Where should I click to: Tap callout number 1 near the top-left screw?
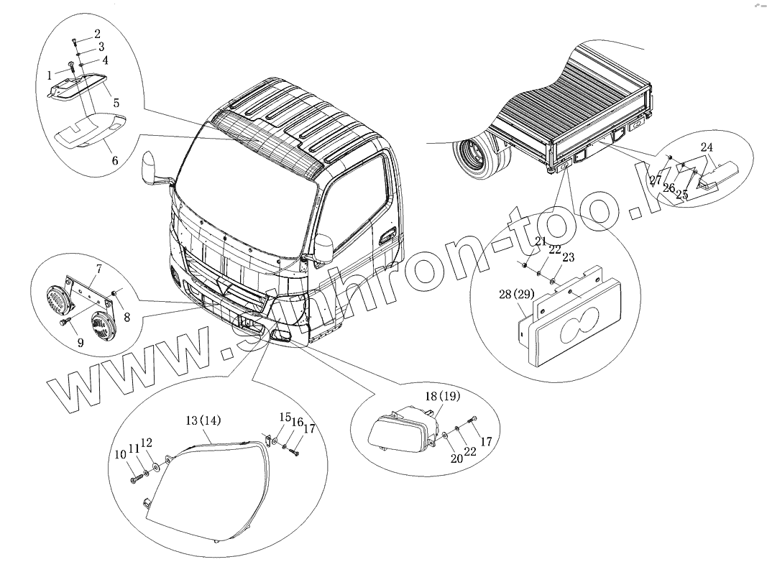[49, 75]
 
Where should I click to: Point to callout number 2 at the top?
[97, 34]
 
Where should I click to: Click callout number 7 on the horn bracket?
[98, 269]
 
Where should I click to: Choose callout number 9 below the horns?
[80, 344]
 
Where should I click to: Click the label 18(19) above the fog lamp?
[442, 396]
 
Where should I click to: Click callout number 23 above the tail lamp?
[569, 257]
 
